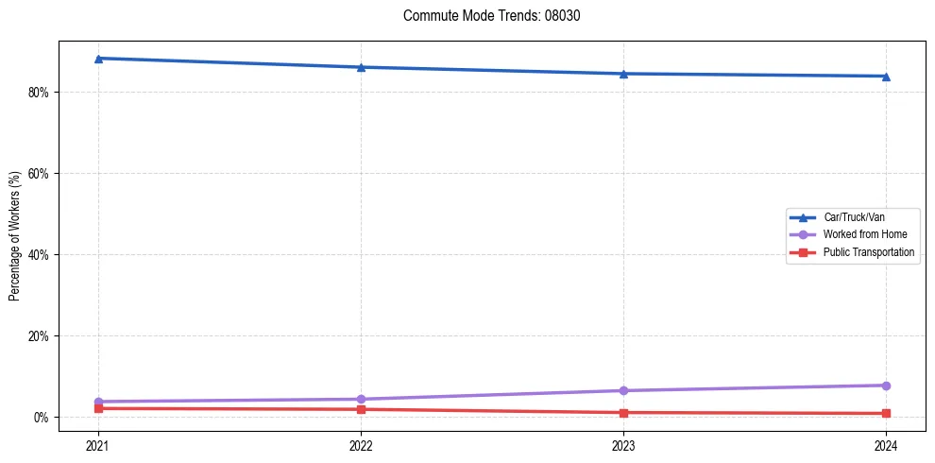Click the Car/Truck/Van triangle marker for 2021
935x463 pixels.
(x=98, y=59)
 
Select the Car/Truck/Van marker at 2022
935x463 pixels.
(x=361, y=67)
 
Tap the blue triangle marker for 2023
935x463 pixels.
(x=623, y=74)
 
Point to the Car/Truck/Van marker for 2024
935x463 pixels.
(x=886, y=77)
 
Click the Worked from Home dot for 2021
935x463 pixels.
(x=98, y=402)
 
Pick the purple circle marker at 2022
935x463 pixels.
(x=361, y=399)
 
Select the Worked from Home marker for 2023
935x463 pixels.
(x=623, y=390)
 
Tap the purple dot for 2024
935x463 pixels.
(x=886, y=386)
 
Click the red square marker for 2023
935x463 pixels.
(x=623, y=413)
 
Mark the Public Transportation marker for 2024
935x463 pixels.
(x=886, y=414)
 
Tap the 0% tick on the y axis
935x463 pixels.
(x=41, y=418)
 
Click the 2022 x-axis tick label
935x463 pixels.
(x=361, y=445)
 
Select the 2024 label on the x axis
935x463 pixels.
(x=886, y=445)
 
